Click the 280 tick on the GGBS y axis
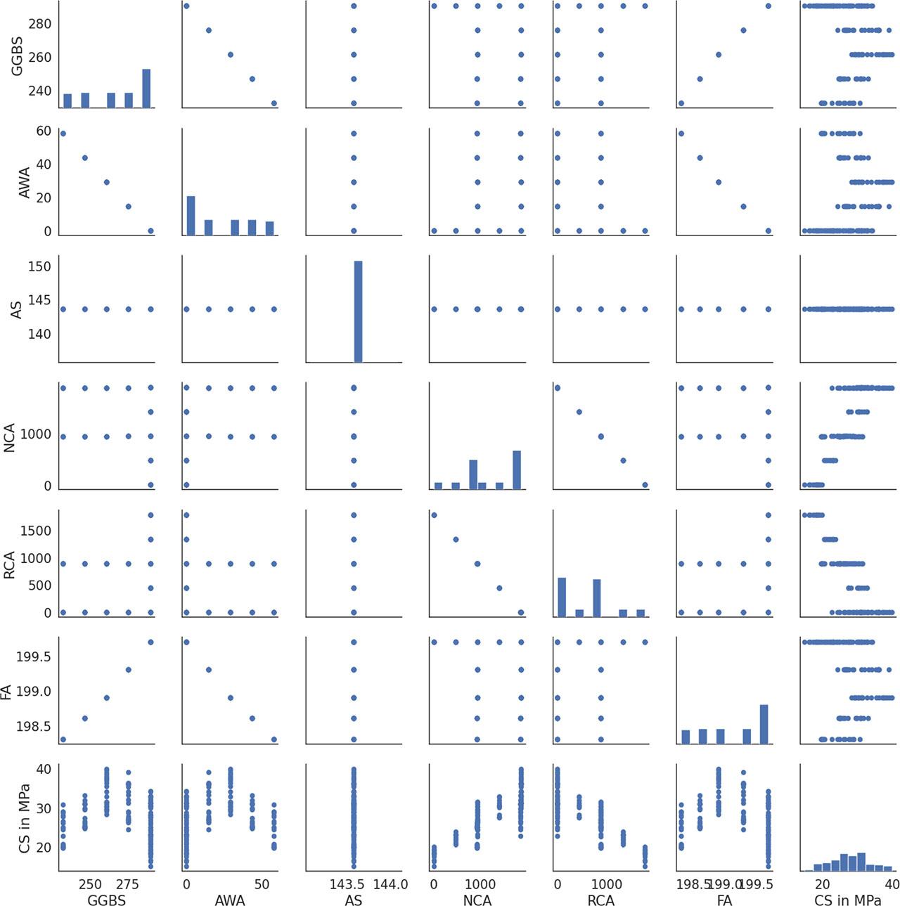pyautogui.click(x=39, y=24)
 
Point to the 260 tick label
pyautogui.click(x=39, y=57)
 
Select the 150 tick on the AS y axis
pyautogui.click(x=39, y=266)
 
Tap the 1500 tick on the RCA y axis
pyautogui.click(x=35, y=531)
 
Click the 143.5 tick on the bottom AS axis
pyautogui.click(x=347, y=884)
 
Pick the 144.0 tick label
pyautogui.click(x=390, y=884)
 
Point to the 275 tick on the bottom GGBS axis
pyautogui.click(x=127, y=884)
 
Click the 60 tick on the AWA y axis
pyautogui.click(x=44, y=131)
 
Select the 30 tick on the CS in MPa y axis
pyautogui.click(x=44, y=808)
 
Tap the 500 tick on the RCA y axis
pyautogui.click(x=39, y=585)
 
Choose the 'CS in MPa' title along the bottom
pyautogui.click(x=847, y=900)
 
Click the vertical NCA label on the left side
pyautogui.click(x=10, y=437)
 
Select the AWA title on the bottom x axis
pyautogui.click(x=229, y=900)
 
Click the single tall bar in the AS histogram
pyautogui.click(x=358, y=311)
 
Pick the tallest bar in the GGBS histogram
pyautogui.click(x=146, y=89)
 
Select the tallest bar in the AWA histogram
pyautogui.click(x=191, y=215)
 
